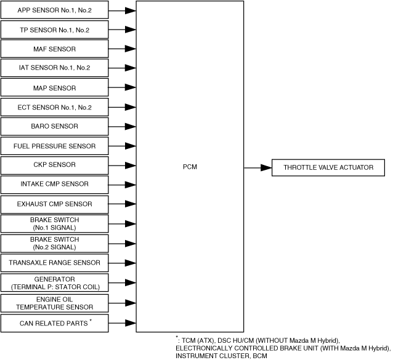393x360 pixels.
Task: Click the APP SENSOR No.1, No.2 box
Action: click(x=54, y=10)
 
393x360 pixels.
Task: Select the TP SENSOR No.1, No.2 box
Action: click(x=54, y=30)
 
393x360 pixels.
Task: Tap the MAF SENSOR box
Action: click(x=54, y=49)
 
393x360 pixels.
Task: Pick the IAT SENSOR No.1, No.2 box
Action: click(x=54, y=68)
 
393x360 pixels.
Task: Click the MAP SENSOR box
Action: click(x=54, y=88)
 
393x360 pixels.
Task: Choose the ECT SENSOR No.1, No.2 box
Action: click(x=54, y=108)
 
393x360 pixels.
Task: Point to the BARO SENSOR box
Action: click(x=54, y=127)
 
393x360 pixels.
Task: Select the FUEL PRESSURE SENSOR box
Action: click(x=54, y=146)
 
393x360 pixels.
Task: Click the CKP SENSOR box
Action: click(x=54, y=165)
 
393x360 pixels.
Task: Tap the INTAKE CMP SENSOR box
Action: click(x=54, y=184)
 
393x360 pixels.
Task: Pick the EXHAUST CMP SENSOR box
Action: click(x=54, y=204)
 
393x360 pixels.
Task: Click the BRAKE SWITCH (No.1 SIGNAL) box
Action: click(x=54, y=223)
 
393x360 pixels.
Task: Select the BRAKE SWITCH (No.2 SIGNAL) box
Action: click(x=54, y=243)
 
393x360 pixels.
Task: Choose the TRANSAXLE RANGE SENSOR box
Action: click(x=54, y=263)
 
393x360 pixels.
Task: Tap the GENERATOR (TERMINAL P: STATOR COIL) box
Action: click(x=54, y=282)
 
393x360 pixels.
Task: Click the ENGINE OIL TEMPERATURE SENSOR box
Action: click(x=54, y=302)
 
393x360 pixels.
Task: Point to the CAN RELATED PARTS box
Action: click(x=54, y=322)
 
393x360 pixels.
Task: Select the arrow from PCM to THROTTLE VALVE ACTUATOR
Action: click(x=257, y=167)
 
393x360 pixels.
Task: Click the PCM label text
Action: click(x=190, y=167)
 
